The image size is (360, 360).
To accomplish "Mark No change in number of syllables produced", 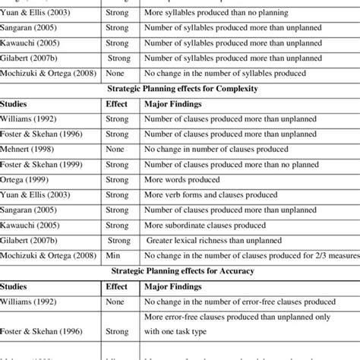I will tap(225, 73).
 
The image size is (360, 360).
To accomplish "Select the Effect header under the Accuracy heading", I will tap(117, 288).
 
